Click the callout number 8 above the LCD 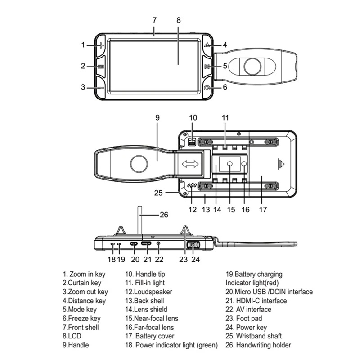point(178,20)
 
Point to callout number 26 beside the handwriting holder point(164,215)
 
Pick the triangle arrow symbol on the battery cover point(282,164)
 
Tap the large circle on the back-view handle point(138,164)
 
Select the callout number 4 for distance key point(225,45)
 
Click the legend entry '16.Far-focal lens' point(149,327)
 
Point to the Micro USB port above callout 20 point(134,243)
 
